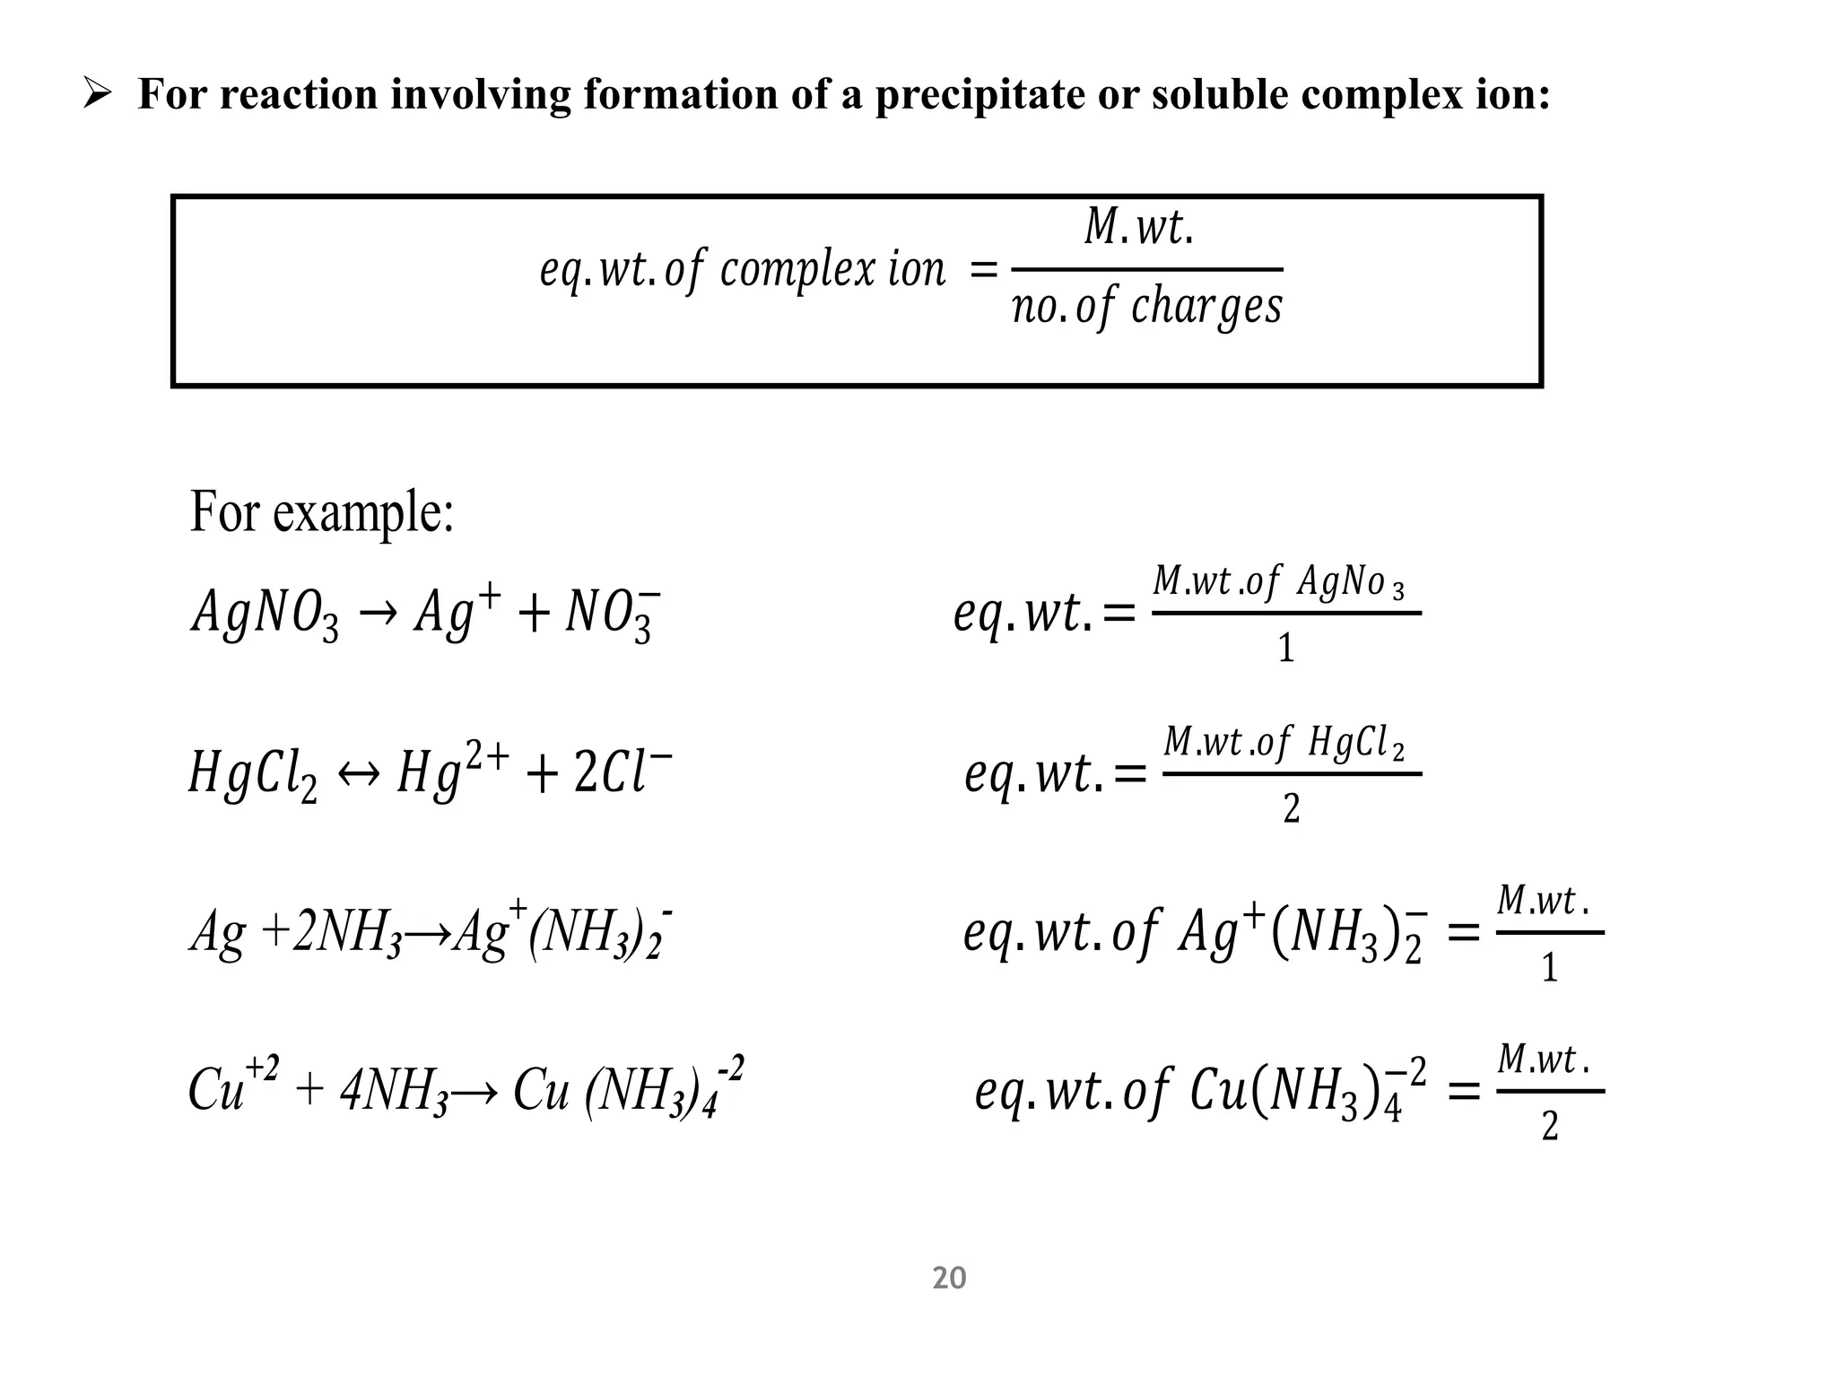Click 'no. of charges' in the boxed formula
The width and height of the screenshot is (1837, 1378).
coord(1147,308)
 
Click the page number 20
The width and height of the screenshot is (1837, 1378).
coord(949,1278)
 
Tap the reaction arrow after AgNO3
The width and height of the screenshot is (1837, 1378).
coord(378,615)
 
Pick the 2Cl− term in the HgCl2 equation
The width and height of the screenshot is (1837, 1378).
coord(623,772)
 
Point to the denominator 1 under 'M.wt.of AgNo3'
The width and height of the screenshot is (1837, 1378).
coord(1286,648)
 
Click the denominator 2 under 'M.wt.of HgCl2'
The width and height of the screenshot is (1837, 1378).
coord(1291,808)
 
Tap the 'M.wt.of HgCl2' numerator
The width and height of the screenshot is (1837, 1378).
coord(1284,744)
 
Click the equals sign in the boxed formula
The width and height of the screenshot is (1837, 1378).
coord(984,269)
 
